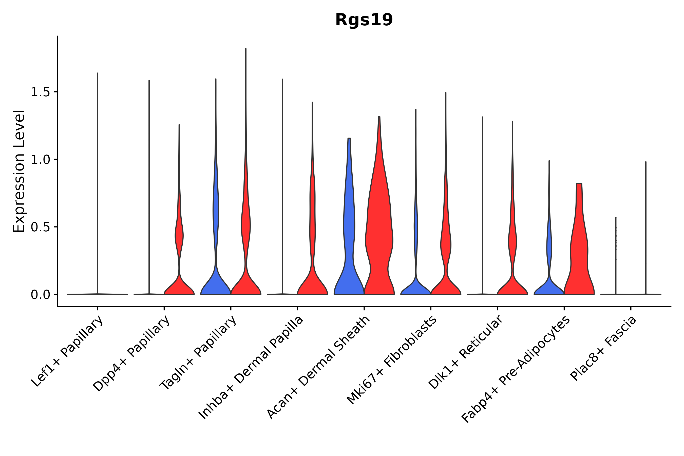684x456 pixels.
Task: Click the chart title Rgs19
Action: pyautogui.click(x=364, y=20)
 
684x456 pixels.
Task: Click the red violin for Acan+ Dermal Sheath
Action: pyautogui.click(x=379, y=233)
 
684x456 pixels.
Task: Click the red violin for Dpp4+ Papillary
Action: pyautogui.click(x=179, y=285)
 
